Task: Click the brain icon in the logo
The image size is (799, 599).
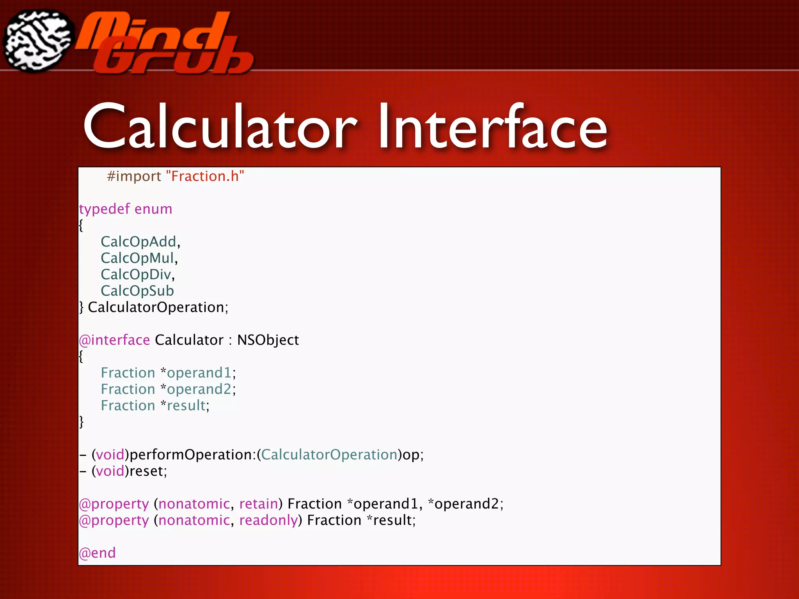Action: [x=38, y=41]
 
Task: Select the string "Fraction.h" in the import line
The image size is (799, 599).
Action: [x=205, y=176]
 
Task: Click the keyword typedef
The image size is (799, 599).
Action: [x=104, y=209]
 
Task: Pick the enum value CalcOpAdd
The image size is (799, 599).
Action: [x=138, y=242]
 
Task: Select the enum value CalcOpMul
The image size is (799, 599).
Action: [x=137, y=258]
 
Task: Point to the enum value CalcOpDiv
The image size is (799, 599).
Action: [x=136, y=275]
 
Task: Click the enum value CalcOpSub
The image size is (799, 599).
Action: [x=137, y=291]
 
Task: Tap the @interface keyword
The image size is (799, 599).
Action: [x=114, y=340]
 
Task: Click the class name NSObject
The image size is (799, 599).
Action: [x=268, y=340]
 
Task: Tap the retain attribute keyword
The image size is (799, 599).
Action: [x=258, y=504]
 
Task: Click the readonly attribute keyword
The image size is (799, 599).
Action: [x=268, y=520]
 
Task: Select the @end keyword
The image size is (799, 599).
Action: [x=98, y=553]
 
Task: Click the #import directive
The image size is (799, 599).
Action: [x=134, y=176]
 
